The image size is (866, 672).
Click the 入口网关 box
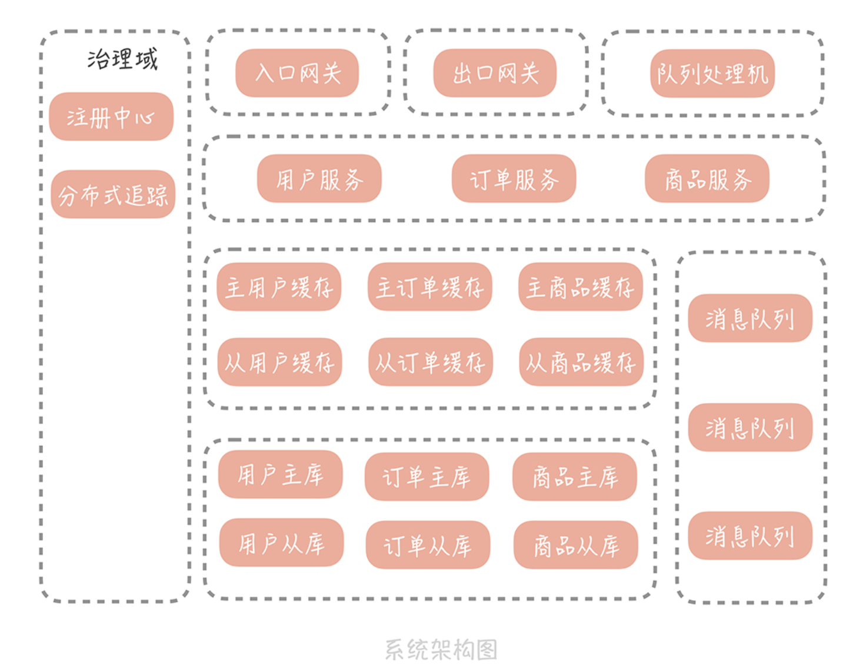pos(297,73)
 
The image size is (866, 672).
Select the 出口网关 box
pos(495,73)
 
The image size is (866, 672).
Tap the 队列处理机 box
pos(712,74)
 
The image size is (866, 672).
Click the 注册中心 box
pos(111,117)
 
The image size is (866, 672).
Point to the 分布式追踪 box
pos(113,194)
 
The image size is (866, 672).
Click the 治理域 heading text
pos(122,59)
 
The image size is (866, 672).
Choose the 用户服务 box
pos(319,178)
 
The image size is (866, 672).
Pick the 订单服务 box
pos(514,178)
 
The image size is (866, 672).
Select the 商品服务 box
pos(707,178)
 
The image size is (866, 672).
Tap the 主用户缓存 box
pos(279,287)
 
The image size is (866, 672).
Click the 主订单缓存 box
pos(429,287)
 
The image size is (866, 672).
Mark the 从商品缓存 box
pos(581,362)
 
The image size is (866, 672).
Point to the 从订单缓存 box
pos(430,362)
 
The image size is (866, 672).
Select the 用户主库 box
pos(280,474)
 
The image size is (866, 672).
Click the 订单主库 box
pos(427,477)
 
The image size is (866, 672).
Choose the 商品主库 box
pos(575,477)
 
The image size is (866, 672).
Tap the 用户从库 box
pos(281,543)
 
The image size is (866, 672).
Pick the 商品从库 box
pos(576,545)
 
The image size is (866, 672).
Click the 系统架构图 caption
pos(441,650)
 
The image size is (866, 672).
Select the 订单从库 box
pos(428,545)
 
